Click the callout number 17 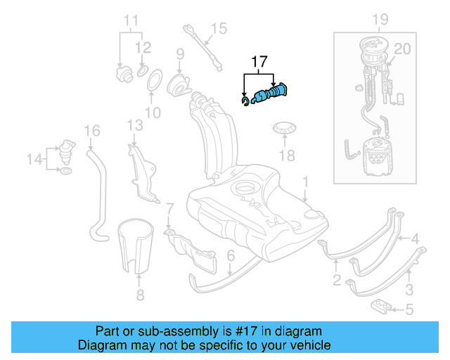point(259,62)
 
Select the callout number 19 point(380,18)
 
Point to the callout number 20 point(401,49)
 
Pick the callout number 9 point(179,54)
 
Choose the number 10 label point(153,112)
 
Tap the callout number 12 point(143,48)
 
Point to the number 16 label point(92,131)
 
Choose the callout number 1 point(305,181)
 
